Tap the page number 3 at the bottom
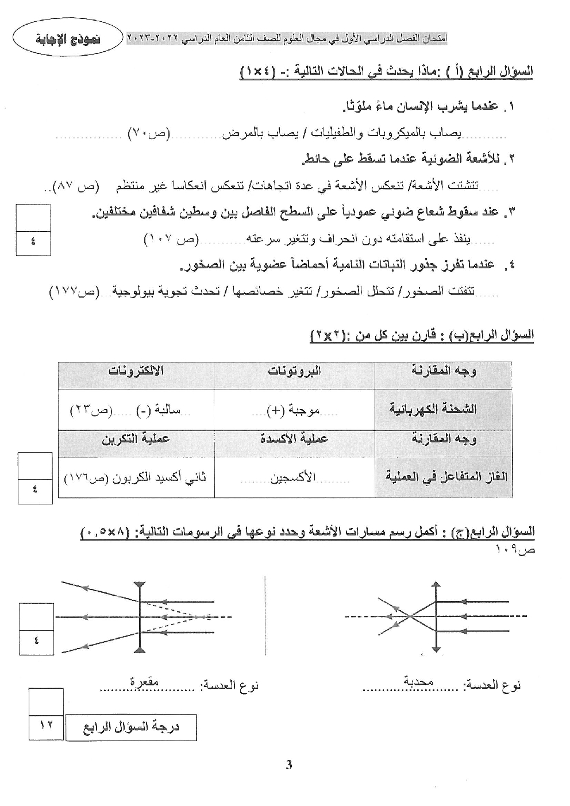tap(289, 765)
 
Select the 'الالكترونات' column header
tap(136, 371)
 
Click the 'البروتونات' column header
tap(294, 371)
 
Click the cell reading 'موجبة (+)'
tap(294, 410)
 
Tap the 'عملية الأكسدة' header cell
tap(294, 439)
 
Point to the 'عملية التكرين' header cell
tap(136, 439)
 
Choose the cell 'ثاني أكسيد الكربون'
tap(136, 477)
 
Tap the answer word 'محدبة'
tap(419, 682)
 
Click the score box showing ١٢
tap(46, 726)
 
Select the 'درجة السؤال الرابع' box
tap(131, 728)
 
